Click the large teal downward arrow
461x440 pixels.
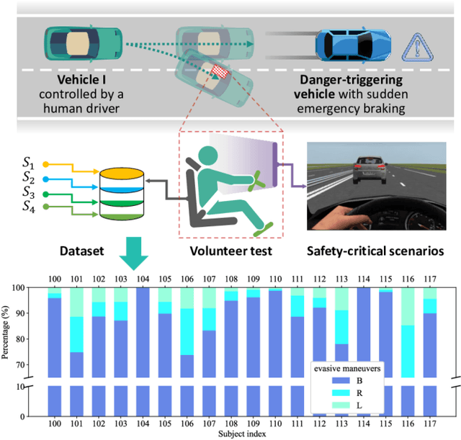[134, 252]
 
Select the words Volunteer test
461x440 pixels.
[228, 252]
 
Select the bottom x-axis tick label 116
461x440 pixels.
[408, 425]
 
